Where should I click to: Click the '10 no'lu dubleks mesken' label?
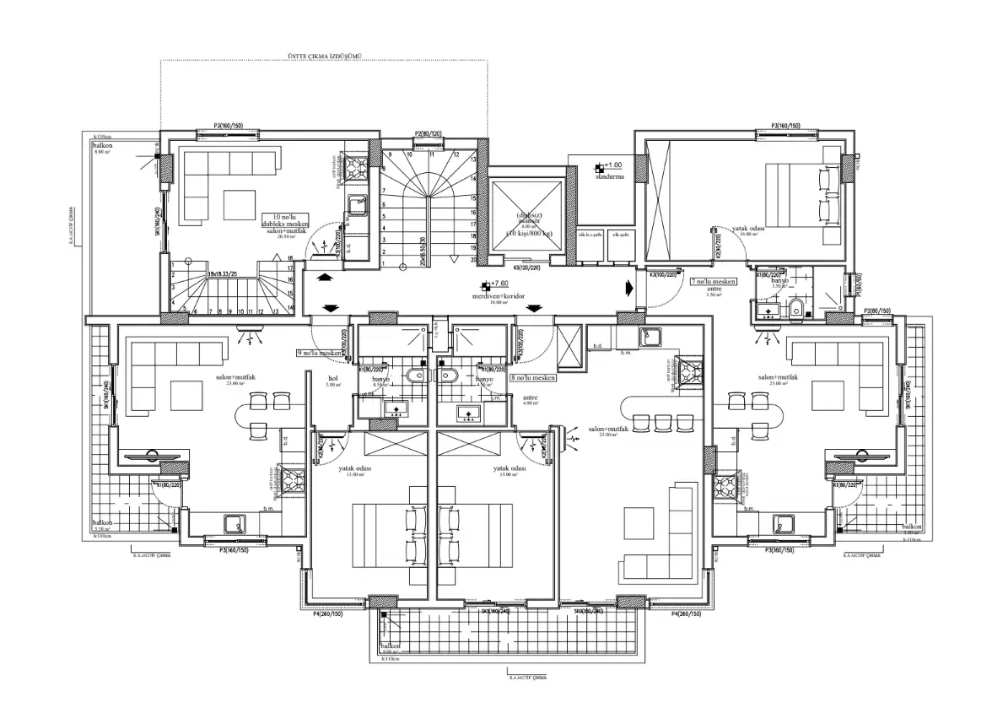click(x=285, y=220)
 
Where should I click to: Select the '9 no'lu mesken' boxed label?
click(x=320, y=354)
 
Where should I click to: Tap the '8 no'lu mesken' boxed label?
click(x=533, y=379)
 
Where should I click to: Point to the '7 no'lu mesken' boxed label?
click(x=714, y=281)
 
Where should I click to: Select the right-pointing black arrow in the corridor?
click(x=630, y=287)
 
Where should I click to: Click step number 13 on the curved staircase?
click(x=474, y=159)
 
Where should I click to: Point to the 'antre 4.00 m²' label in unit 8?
click(x=530, y=400)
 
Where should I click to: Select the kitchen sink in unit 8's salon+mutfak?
click(x=649, y=338)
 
